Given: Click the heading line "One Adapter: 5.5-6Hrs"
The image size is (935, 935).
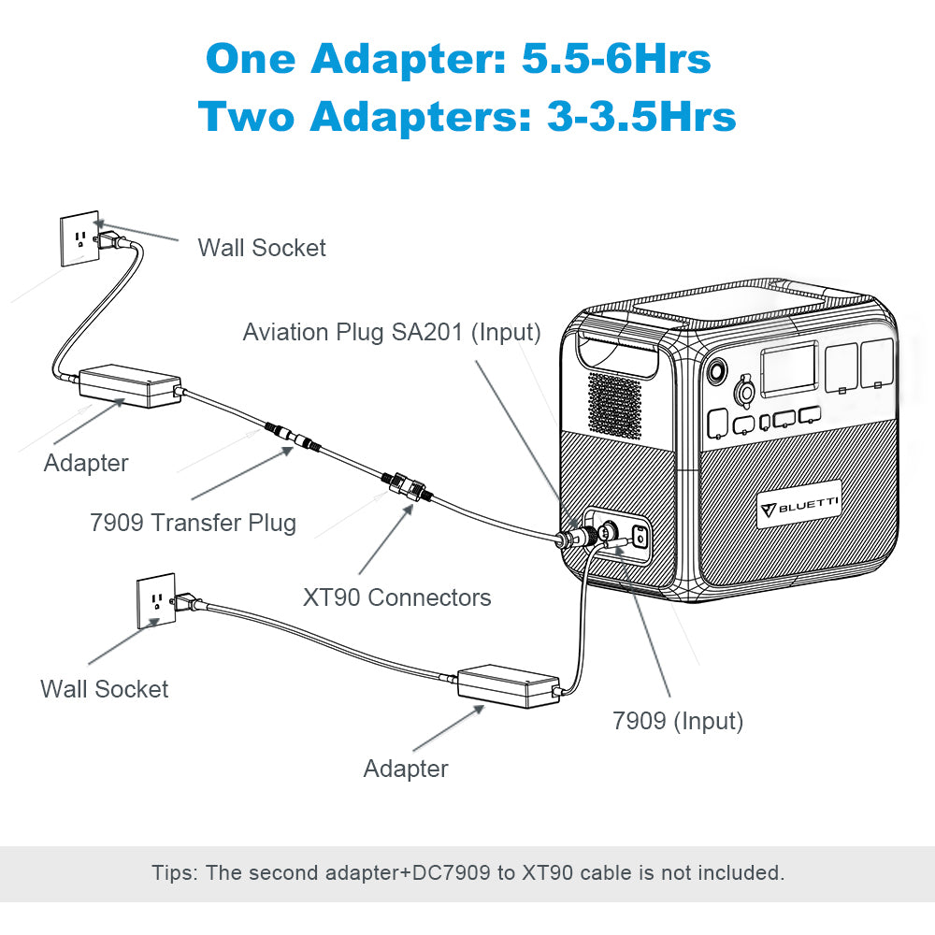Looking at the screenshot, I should point(458,59).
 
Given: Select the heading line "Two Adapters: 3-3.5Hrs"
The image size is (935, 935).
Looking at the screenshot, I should point(467,117).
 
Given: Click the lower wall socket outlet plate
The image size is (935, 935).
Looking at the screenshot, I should point(156,600).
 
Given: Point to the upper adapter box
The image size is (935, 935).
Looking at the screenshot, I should point(129,384).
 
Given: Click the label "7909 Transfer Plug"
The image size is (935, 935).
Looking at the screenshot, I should point(193,522).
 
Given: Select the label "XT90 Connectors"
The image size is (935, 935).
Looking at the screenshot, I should point(396,597).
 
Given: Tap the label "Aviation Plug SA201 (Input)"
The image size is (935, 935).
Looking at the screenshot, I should point(392,332).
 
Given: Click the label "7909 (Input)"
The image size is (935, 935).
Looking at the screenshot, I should point(678,721).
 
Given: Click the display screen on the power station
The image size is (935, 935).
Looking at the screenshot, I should point(789,369).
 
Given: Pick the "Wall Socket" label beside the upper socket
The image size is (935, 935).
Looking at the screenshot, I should point(262,248).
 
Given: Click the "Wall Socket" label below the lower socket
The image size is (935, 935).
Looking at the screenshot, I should point(104,689).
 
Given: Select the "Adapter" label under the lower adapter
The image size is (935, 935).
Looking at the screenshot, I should point(406,769).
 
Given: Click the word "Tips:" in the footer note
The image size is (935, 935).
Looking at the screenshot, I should point(175,873).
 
